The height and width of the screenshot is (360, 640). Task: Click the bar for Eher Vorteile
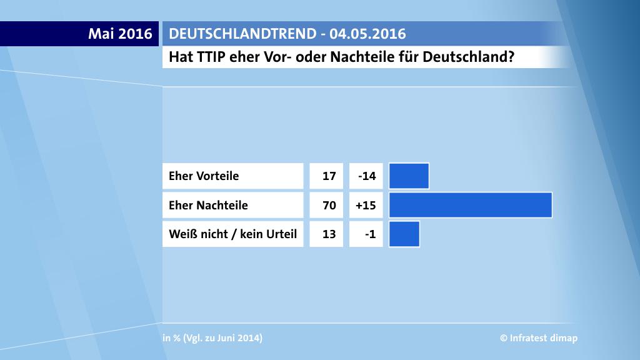click(409, 176)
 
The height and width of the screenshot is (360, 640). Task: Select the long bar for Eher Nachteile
click(470, 205)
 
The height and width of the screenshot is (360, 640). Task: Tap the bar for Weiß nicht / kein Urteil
click(404, 234)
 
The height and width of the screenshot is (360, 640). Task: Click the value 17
click(329, 176)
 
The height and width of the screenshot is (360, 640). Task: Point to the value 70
click(329, 205)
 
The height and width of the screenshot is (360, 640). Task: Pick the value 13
click(329, 234)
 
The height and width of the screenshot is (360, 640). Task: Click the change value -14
click(366, 176)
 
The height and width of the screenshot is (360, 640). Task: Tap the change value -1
click(370, 234)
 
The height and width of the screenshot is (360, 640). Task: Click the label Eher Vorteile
click(204, 176)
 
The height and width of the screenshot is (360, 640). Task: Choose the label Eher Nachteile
click(208, 205)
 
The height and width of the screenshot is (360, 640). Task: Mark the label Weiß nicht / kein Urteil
click(232, 234)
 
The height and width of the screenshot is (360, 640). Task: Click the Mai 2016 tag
click(120, 34)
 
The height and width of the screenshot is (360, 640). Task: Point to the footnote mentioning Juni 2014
click(212, 338)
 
